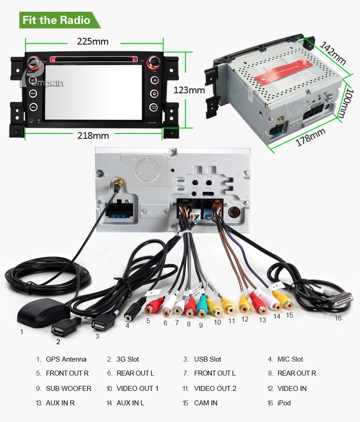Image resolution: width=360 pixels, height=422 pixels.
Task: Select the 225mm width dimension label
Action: (93, 41)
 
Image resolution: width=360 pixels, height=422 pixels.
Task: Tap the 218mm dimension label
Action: (93, 135)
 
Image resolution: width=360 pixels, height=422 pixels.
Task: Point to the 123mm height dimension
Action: (189, 90)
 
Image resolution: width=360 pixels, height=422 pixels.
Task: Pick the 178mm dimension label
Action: (310, 137)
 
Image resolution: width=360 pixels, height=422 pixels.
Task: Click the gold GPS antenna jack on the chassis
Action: (118, 183)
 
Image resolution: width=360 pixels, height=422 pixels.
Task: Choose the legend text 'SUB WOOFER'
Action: (68, 388)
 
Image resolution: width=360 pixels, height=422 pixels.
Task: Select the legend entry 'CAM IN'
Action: (205, 403)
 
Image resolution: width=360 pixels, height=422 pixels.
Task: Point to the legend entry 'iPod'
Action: (284, 403)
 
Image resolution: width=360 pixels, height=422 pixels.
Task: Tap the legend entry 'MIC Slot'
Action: (290, 359)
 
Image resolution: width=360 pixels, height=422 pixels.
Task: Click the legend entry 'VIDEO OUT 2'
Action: (215, 388)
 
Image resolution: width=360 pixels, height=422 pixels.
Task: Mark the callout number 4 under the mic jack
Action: (128, 326)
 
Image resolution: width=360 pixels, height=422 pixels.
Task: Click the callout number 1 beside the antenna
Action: (21, 332)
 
